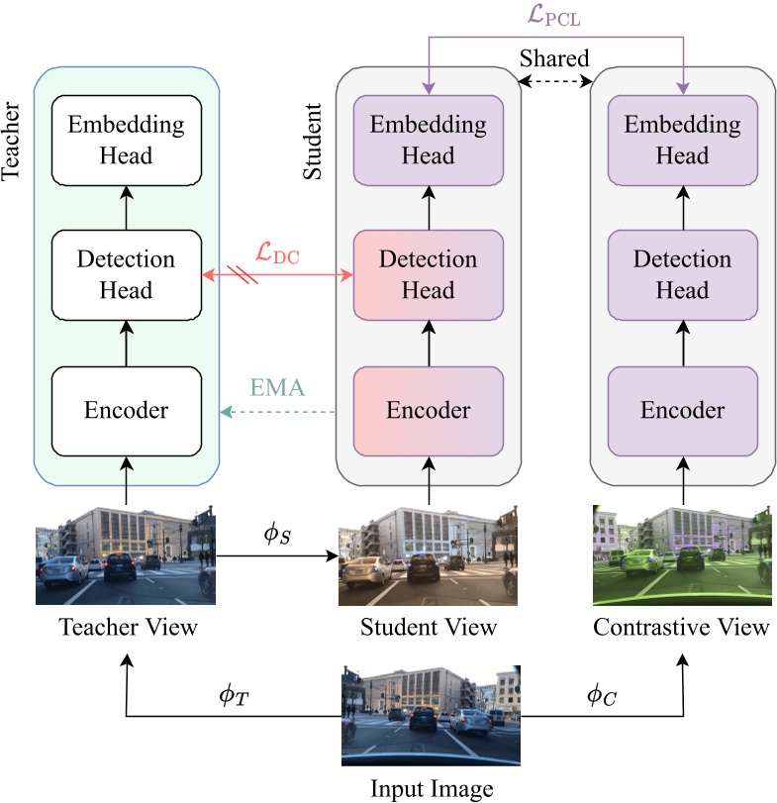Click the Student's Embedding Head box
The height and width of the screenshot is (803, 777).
[x=429, y=140]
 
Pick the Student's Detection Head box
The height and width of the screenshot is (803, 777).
[x=429, y=274]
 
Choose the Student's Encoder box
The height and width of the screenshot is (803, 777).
[x=429, y=410]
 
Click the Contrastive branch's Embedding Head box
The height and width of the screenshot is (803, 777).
[x=684, y=140]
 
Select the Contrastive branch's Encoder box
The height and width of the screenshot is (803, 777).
[x=684, y=410]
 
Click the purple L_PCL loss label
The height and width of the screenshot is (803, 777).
[x=555, y=16]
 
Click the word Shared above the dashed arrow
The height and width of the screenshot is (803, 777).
[x=554, y=59]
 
